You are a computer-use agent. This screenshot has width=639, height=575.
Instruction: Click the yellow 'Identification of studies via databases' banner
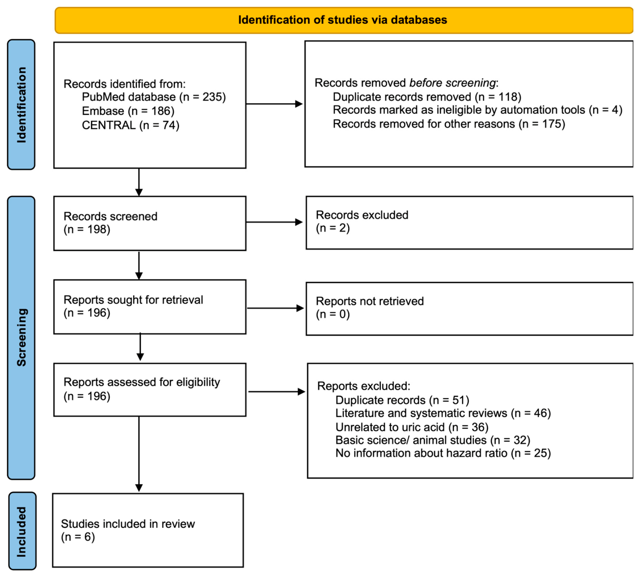344,20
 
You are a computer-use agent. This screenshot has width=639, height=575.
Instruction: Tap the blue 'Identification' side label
21,105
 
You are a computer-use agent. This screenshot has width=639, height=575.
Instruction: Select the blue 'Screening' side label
21,337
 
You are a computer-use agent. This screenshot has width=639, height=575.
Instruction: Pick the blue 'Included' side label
22,531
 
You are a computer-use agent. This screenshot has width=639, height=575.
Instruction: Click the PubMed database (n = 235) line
154,97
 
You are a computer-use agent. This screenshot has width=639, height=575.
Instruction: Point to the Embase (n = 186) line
128,111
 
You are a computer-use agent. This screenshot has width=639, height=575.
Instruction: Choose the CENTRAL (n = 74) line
131,125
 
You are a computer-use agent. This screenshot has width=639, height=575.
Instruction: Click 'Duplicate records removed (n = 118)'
427,97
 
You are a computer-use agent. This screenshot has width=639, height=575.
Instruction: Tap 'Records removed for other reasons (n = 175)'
449,124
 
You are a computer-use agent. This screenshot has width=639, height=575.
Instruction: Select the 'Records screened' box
150,223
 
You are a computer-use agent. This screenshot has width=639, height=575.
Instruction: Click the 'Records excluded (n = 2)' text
362,221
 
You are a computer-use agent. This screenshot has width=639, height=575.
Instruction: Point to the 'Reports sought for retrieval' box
150,307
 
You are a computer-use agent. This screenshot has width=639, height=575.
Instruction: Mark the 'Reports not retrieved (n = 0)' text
370,307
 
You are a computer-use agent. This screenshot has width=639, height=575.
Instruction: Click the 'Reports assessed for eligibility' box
150,390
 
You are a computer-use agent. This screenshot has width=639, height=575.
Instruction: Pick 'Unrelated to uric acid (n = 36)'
412,427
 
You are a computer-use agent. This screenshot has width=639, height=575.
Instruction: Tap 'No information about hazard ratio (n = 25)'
443,453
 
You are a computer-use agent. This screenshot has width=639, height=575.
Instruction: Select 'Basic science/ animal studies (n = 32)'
433,440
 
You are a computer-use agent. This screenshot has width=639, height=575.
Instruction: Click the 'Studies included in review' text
128,530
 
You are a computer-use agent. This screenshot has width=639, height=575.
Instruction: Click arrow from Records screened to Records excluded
275,222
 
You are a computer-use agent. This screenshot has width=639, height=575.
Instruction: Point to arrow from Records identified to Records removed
275,104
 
